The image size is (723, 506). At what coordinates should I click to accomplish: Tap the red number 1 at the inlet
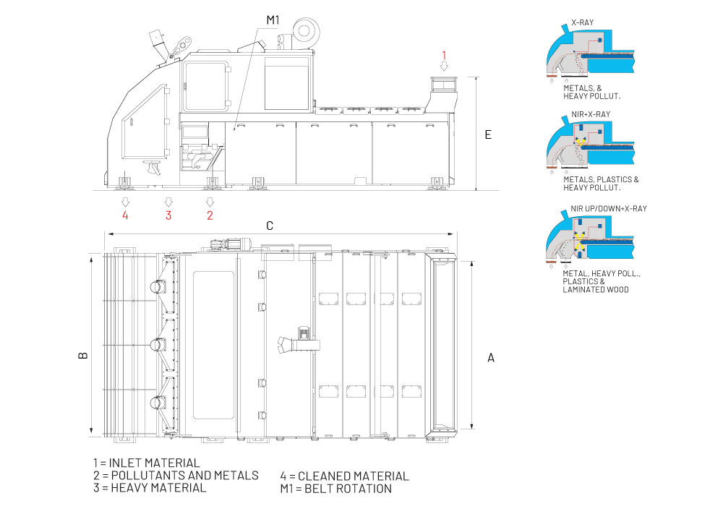pyautogui.click(x=445, y=54)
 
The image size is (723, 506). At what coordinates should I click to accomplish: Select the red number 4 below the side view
pyautogui.click(x=125, y=215)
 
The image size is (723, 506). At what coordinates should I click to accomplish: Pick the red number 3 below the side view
pyautogui.click(x=168, y=215)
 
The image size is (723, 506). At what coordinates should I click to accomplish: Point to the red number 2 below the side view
pyautogui.click(x=210, y=215)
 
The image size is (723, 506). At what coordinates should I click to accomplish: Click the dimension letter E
pyautogui.click(x=488, y=135)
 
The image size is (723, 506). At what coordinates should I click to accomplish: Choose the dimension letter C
pyautogui.click(x=269, y=226)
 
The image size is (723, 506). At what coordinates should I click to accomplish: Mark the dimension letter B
pyautogui.click(x=83, y=355)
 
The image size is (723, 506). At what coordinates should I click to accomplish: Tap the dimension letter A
pyautogui.click(x=491, y=356)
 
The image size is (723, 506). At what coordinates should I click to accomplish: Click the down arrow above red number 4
pyautogui.click(x=125, y=201)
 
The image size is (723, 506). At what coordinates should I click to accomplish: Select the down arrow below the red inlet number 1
pyautogui.click(x=445, y=66)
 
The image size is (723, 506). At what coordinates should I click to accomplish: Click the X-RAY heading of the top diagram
pyautogui.click(x=583, y=23)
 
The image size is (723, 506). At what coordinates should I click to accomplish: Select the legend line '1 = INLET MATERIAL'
pyautogui.click(x=146, y=463)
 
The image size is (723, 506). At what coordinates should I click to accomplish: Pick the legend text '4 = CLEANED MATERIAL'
pyautogui.click(x=344, y=476)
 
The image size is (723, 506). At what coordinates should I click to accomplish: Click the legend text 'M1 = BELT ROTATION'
pyautogui.click(x=335, y=489)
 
